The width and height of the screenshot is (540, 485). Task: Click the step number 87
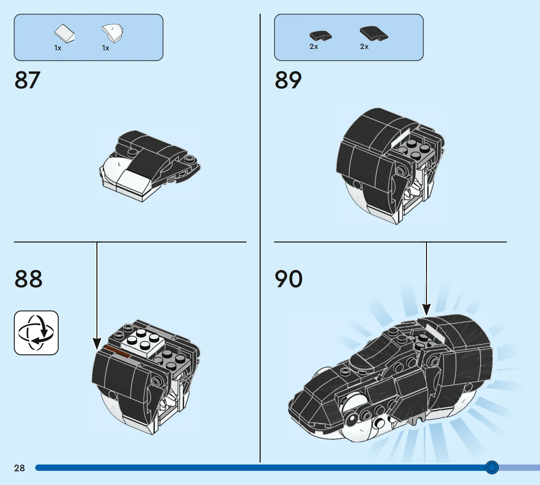tap(27, 80)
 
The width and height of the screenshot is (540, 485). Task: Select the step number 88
tap(28, 279)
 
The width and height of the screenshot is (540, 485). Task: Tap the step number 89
tap(288, 80)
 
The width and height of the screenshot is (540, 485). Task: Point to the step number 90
tap(289, 279)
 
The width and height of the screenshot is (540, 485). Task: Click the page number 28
tap(19, 468)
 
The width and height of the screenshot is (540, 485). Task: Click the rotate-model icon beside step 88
tap(36, 333)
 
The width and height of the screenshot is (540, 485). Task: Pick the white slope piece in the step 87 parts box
tap(64, 33)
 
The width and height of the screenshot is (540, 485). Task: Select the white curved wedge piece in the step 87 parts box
tap(113, 33)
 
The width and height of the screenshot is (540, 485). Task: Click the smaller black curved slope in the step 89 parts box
tap(320, 36)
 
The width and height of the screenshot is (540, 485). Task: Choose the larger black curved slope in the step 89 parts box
tap(374, 33)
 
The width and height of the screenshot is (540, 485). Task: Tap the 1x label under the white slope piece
tap(58, 48)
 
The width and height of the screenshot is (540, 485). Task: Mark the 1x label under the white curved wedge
tap(106, 48)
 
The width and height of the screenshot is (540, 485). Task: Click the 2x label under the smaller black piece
tap(314, 47)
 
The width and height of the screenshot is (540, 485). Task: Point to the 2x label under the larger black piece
tap(364, 47)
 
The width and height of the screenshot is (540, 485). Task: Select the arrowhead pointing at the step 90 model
tap(426, 310)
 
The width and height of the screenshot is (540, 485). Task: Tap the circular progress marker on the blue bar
tap(492, 467)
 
